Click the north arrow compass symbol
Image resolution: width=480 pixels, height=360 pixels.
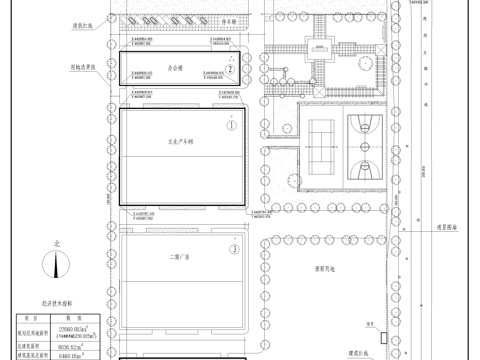pos(57,265)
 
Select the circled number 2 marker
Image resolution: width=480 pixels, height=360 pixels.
pos(229,70)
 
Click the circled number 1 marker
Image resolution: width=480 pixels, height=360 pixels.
pos(229,126)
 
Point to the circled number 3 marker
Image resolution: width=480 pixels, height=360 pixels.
pos(233,249)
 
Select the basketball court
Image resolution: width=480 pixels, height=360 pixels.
pos(363,141)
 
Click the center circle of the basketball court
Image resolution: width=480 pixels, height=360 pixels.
pos(363,141)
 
